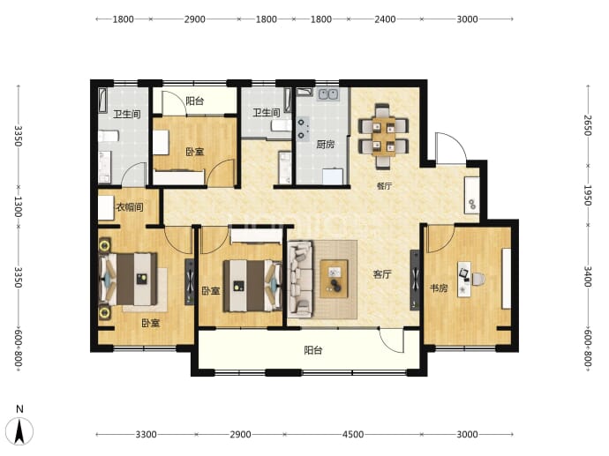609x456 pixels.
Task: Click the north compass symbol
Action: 19,426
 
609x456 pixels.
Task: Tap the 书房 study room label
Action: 439,288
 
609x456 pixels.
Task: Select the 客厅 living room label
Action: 382,274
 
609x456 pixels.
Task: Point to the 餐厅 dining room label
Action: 384,186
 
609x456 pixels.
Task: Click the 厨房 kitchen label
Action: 325,145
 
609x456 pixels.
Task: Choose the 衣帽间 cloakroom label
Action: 130,207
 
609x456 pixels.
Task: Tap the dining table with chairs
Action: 383,136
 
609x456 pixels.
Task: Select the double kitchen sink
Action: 328,94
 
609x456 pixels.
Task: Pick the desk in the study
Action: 464,279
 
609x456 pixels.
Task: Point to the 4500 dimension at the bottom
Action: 353,434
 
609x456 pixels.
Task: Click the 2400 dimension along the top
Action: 385,19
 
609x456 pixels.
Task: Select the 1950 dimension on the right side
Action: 588,195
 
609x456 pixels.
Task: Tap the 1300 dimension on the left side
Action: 18,206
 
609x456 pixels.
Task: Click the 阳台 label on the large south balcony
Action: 313,350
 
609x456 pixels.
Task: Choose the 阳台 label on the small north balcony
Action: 194,101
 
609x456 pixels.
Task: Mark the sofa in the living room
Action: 301,279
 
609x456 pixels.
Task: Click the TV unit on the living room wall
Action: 415,280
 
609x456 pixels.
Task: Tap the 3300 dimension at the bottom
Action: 146,434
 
